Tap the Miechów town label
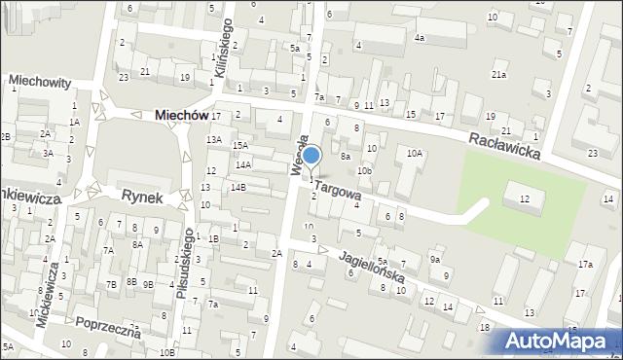[181, 115]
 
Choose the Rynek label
[141, 196]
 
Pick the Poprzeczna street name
[103, 326]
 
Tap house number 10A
[415, 153]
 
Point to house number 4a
[420, 38]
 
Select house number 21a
[498, 75]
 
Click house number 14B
[238, 187]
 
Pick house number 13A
[213, 139]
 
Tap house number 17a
[585, 265]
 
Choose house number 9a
[435, 260]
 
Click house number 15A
[239, 146]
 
